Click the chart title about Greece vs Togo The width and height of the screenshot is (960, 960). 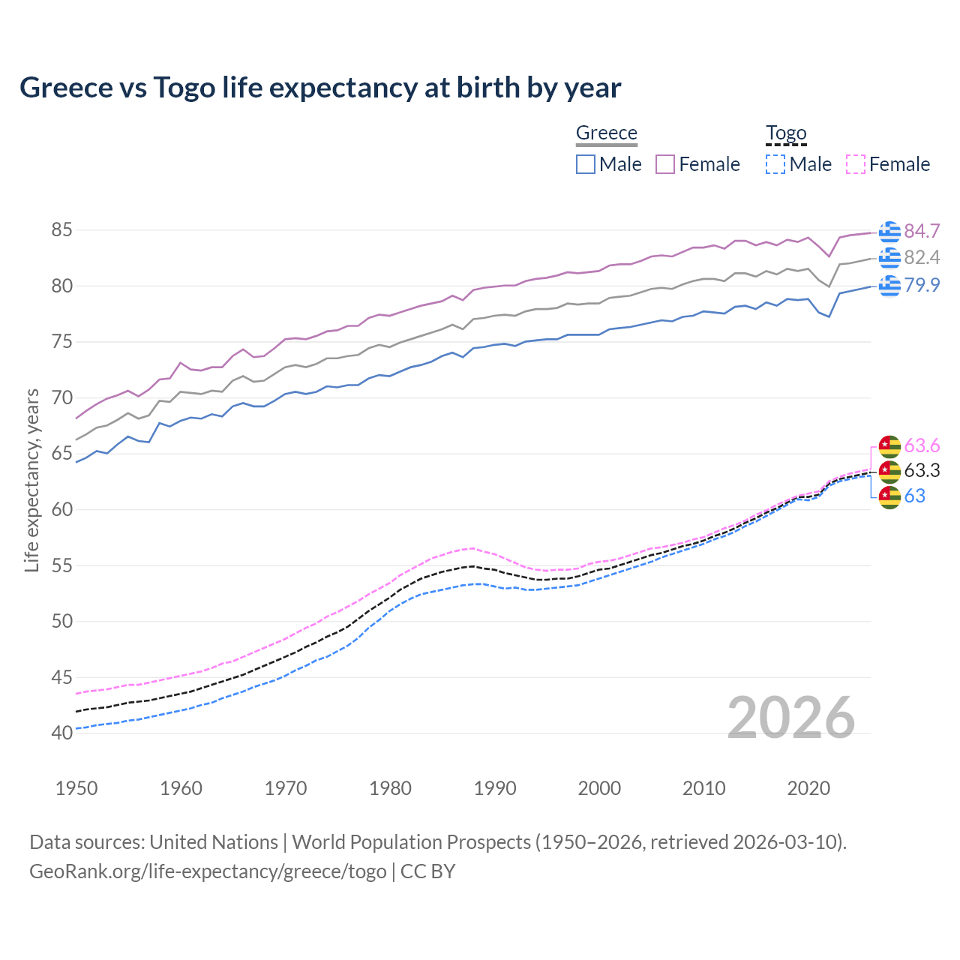coord(320,88)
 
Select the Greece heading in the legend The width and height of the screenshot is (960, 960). coord(606,133)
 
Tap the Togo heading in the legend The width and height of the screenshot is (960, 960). coord(785,133)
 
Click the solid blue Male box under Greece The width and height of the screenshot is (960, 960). coord(586,164)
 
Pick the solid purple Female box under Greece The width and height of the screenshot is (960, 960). coord(665,164)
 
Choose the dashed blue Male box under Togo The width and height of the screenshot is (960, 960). coord(775,164)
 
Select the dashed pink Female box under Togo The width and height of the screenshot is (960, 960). coord(856,164)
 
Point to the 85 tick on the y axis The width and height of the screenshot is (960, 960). coord(61,229)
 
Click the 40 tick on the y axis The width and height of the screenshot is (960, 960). coord(61,733)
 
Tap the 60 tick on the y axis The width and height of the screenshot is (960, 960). coord(61,509)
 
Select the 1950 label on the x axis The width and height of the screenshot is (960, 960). coord(76,788)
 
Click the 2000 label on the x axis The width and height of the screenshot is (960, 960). coord(599,788)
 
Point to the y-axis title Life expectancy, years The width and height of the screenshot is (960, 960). coord(31,480)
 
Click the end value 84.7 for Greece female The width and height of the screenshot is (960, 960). coord(922,231)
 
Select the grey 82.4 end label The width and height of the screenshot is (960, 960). coord(922,258)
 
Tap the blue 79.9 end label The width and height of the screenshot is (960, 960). coord(922,286)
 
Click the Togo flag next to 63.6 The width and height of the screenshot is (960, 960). coord(889,446)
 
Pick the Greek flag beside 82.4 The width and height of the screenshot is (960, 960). coord(889,258)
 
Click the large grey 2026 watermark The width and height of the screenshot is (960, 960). coord(790,718)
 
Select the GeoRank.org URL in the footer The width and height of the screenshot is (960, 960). coord(208,871)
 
